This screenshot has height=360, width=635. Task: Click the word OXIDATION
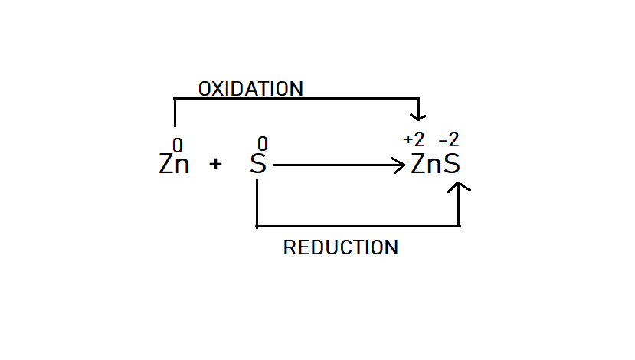pyautogui.click(x=250, y=89)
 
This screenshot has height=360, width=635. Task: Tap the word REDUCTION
pyautogui.click(x=340, y=247)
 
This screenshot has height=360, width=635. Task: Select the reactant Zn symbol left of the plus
pyautogui.click(x=174, y=164)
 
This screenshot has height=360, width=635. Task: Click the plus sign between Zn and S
pyautogui.click(x=215, y=164)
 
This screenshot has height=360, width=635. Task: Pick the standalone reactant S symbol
pyautogui.click(x=258, y=164)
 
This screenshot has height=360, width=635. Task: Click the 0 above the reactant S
pyautogui.click(x=262, y=144)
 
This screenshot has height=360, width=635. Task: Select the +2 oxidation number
pyautogui.click(x=414, y=140)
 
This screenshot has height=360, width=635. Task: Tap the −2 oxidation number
pyautogui.click(x=449, y=140)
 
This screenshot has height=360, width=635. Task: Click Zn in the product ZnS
pyautogui.click(x=427, y=164)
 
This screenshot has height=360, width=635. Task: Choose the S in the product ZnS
pyautogui.click(x=453, y=164)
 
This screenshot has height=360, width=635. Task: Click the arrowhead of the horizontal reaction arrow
pyautogui.click(x=400, y=164)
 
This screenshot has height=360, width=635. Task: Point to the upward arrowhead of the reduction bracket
pyautogui.click(x=459, y=187)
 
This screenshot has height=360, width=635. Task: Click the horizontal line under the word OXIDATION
pyautogui.click(x=306, y=98)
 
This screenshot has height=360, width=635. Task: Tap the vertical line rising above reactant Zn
pyautogui.click(x=175, y=113)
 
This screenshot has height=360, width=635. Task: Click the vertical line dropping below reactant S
pyautogui.click(x=256, y=203)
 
